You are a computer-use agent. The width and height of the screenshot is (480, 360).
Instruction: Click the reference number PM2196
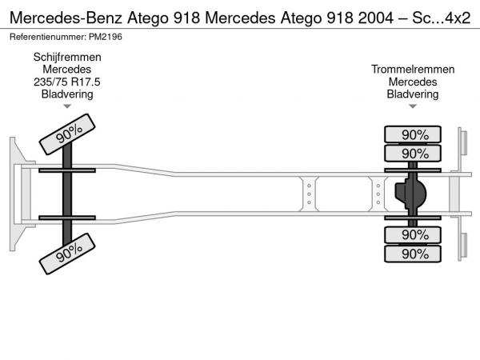click(x=106, y=37)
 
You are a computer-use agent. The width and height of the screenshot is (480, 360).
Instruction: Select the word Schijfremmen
click(x=67, y=57)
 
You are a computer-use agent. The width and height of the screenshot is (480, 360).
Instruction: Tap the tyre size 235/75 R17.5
click(x=67, y=82)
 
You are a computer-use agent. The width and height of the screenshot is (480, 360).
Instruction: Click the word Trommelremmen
click(x=413, y=70)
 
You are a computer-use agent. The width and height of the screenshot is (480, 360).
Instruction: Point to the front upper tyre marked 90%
click(x=70, y=133)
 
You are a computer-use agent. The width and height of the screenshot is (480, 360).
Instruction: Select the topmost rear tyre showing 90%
click(x=414, y=134)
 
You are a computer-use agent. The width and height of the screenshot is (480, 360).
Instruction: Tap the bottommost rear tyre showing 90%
click(x=414, y=254)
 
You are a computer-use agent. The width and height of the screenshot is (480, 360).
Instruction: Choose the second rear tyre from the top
click(x=414, y=154)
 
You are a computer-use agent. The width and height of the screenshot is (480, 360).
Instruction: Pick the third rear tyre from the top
click(x=414, y=234)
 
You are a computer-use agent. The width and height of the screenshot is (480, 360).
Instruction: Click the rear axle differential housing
click(x=410, y=194)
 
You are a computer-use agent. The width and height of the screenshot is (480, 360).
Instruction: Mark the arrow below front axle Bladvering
click(x=67, y=106)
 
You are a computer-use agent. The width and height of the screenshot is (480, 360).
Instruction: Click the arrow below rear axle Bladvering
click(x=413, y=106)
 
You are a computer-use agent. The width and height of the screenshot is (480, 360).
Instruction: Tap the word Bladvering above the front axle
click(x=67, y=94)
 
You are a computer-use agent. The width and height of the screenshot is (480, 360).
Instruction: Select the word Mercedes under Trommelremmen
click(x=413, y=82)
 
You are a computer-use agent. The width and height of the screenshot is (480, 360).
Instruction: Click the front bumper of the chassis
click(x=14, y=194)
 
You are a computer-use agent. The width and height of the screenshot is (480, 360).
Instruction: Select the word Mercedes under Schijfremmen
click(x=67, y=70)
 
